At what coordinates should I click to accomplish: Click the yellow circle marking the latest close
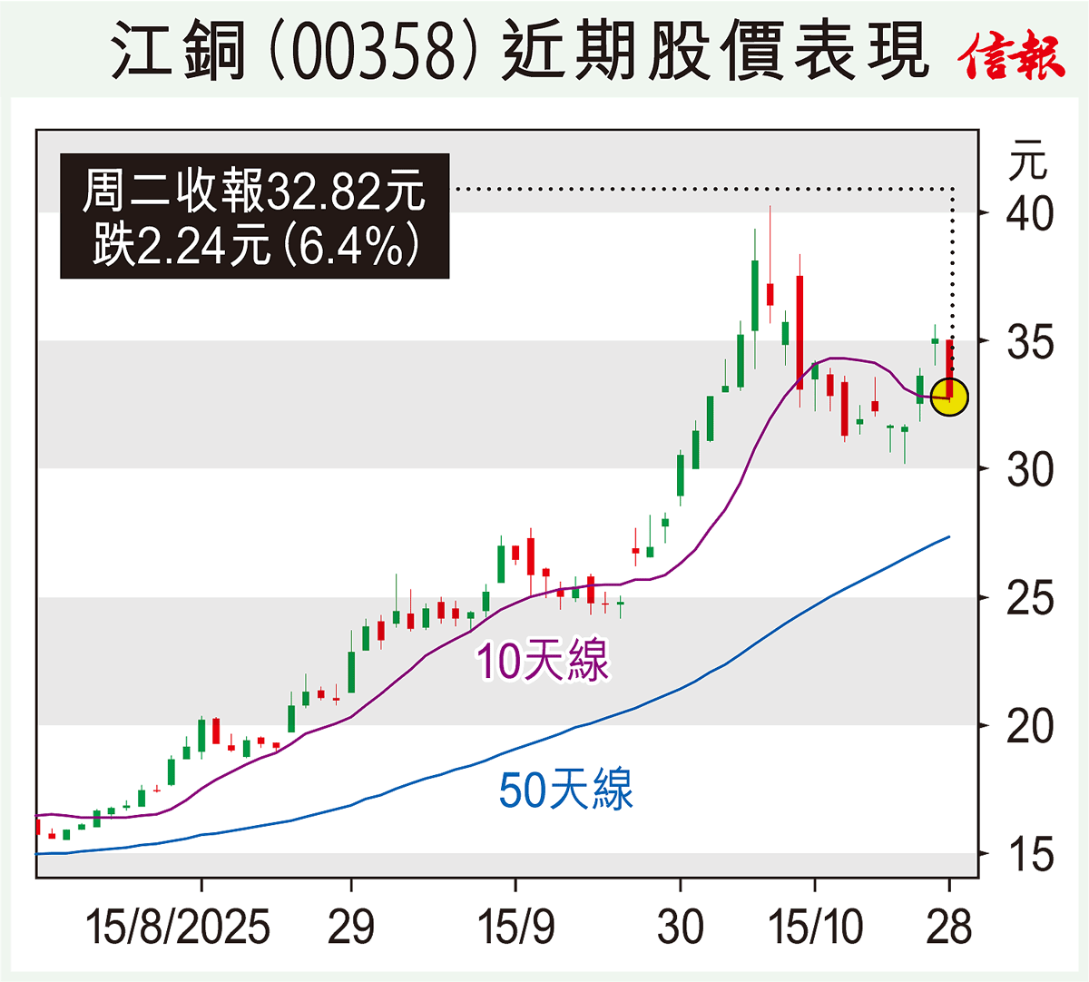(949, 397)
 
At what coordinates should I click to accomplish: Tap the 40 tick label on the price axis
(1030, 214)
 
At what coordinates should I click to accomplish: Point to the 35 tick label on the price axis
(1030, 343)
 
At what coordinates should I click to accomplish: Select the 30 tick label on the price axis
(1030, 470)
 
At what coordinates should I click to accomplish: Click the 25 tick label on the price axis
(1030, 599)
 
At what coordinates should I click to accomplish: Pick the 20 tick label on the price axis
(1030, 727)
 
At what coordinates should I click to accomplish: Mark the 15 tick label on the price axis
(1030, 855)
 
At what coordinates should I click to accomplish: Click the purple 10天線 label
(543, 661)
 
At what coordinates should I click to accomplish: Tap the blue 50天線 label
(566, 790)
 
